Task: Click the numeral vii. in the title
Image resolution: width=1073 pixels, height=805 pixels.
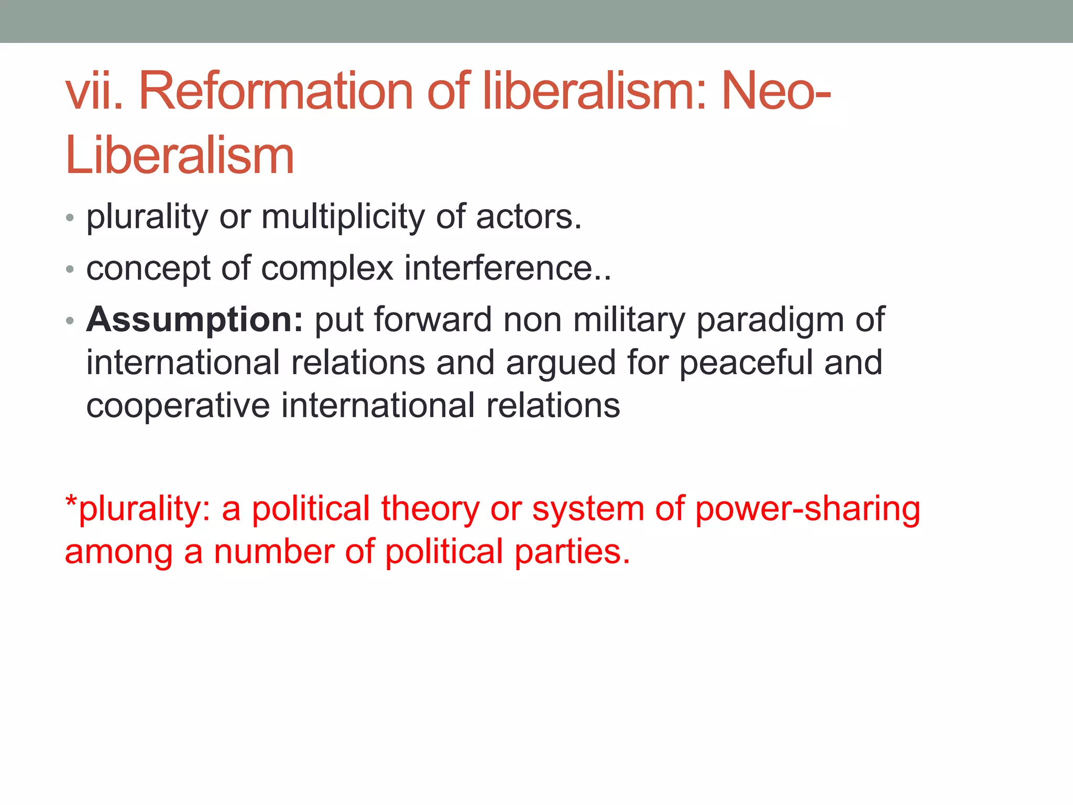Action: (94, 92)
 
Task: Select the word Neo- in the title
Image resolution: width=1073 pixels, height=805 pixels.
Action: (776, 92)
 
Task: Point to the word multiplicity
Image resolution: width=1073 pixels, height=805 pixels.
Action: (343, 217)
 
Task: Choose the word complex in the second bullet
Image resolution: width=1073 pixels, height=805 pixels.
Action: (327, 268)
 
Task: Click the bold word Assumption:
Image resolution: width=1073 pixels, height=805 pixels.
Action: (194, 320)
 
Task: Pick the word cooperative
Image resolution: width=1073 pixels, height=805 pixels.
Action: (178, 406)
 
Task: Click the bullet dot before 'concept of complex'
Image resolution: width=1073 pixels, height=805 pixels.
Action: (70, 270)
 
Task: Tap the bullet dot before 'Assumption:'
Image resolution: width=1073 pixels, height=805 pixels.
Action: (70, 321)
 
